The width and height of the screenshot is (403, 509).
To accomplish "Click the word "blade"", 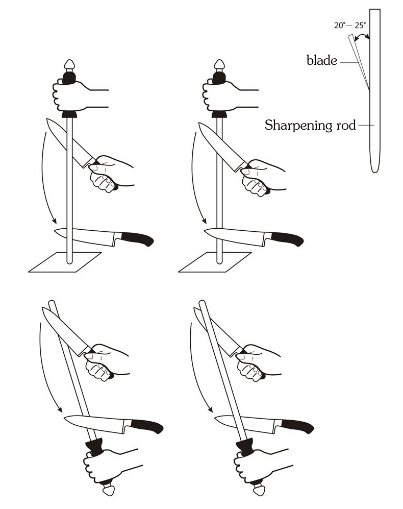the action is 321,60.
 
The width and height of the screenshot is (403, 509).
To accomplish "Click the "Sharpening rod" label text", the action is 310,125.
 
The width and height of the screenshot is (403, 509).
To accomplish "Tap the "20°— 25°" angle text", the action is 350,26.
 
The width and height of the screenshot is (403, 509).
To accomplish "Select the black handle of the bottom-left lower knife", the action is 147,426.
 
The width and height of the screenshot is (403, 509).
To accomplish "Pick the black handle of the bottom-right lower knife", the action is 297,426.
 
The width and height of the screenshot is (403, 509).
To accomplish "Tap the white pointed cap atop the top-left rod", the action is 69,65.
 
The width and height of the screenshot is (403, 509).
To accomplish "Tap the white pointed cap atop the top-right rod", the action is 219,65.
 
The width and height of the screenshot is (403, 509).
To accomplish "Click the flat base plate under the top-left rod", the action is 65,262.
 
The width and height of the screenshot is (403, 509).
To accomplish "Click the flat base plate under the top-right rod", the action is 215,262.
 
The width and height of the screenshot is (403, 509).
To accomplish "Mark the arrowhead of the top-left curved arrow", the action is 54,221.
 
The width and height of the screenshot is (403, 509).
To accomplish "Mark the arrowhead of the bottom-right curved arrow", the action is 210,409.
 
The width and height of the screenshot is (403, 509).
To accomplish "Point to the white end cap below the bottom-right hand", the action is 259,489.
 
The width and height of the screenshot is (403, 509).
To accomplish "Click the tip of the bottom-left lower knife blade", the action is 64,419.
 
